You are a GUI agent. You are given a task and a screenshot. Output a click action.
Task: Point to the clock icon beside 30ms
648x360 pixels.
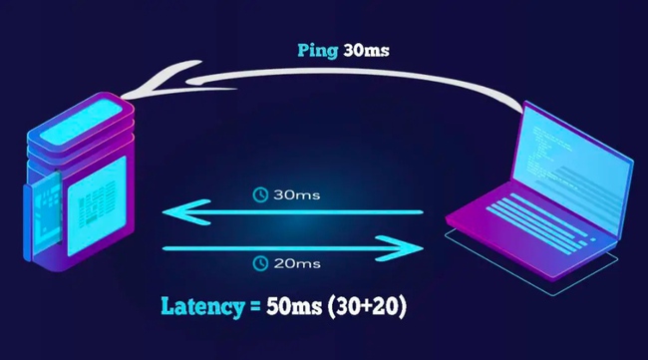259,193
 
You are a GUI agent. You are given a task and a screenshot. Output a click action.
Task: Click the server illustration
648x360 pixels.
80,180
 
